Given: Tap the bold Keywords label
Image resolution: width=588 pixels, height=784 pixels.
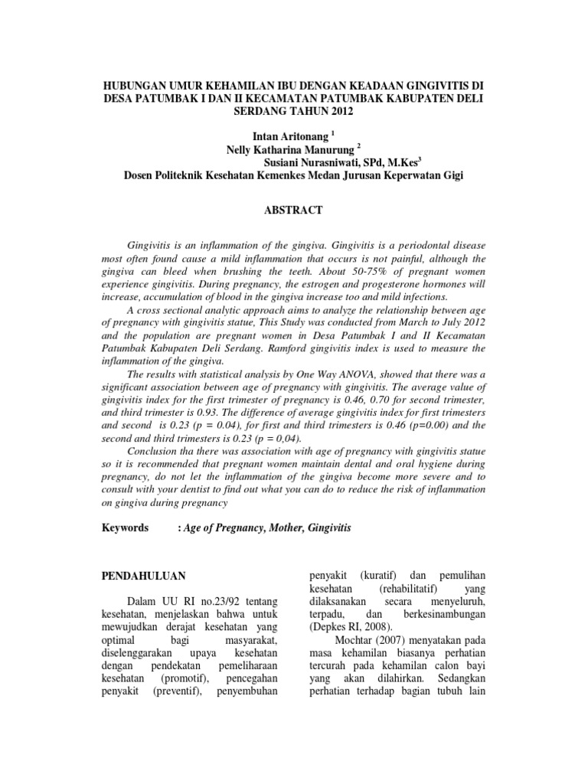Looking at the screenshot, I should click(x=126, y=528).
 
